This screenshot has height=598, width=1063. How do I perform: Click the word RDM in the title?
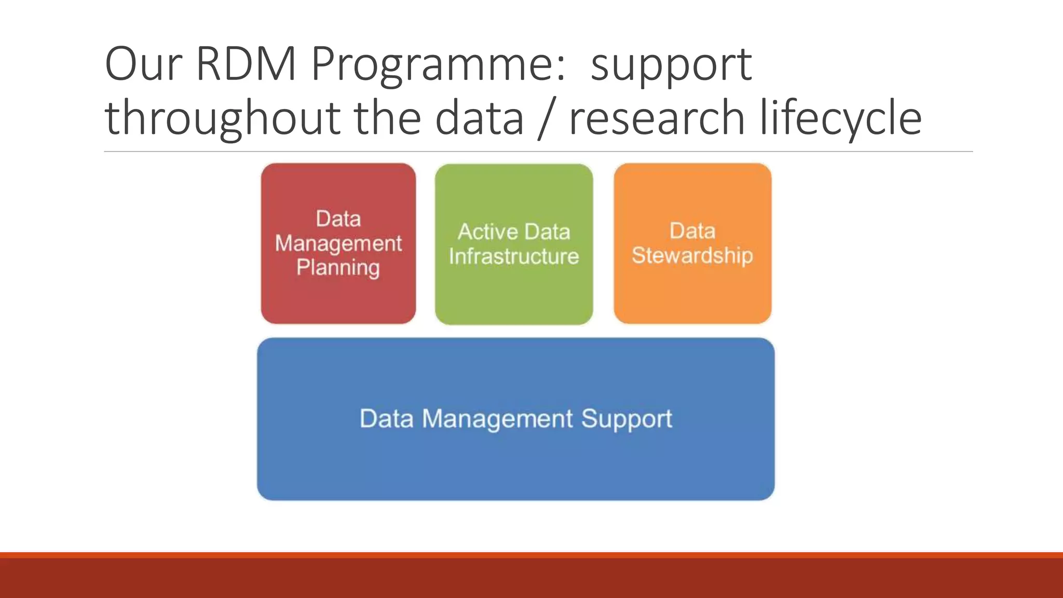point(246,64)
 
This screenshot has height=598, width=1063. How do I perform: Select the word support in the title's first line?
point(671,65)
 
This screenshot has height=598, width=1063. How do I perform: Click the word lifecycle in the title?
point(840,118)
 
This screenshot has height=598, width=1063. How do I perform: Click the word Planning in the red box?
point(338,268)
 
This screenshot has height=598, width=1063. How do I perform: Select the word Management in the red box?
point(338,243)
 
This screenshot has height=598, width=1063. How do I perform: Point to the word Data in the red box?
point(338,219)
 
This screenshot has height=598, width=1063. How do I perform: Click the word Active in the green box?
point(484,232)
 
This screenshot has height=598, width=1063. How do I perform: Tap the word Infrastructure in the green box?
point(513,256)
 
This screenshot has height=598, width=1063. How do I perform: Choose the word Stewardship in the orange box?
point(692,255)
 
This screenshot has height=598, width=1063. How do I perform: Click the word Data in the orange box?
point(692,231)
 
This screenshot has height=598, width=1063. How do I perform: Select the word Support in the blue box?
point(626,419)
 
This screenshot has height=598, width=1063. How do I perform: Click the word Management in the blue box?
point(497,418)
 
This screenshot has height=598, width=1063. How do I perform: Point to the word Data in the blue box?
point(386,418)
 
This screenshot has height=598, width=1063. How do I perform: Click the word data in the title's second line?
point(479,118)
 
